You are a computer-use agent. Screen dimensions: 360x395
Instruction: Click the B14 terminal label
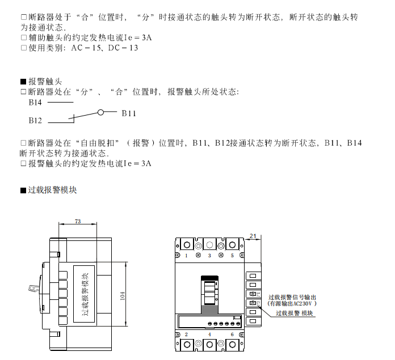[x=35, y=103]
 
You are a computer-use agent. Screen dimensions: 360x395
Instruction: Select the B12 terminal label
[x=35, y=121]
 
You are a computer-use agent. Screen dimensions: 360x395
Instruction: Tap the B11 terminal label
[x=129, y=113]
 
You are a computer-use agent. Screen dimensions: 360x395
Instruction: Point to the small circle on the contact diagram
[x=100, y=112]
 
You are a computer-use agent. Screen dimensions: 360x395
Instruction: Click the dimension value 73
[x=77, y=221]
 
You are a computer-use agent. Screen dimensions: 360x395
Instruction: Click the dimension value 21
[x=253, y=235]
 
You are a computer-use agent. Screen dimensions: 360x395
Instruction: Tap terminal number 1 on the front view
[x=186, y=256]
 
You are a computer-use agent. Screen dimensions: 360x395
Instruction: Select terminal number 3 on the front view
[x=209, y=256]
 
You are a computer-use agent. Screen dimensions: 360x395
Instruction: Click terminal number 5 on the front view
[x=232, y=256]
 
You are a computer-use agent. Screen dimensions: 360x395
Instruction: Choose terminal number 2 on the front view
[x=186, y=334]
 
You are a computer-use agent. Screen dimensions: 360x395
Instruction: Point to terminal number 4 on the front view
[x=209, y=334]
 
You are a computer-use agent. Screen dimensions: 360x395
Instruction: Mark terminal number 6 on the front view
[x=232, y=334]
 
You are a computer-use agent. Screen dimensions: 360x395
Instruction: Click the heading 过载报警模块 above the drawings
[x=52, y=190]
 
